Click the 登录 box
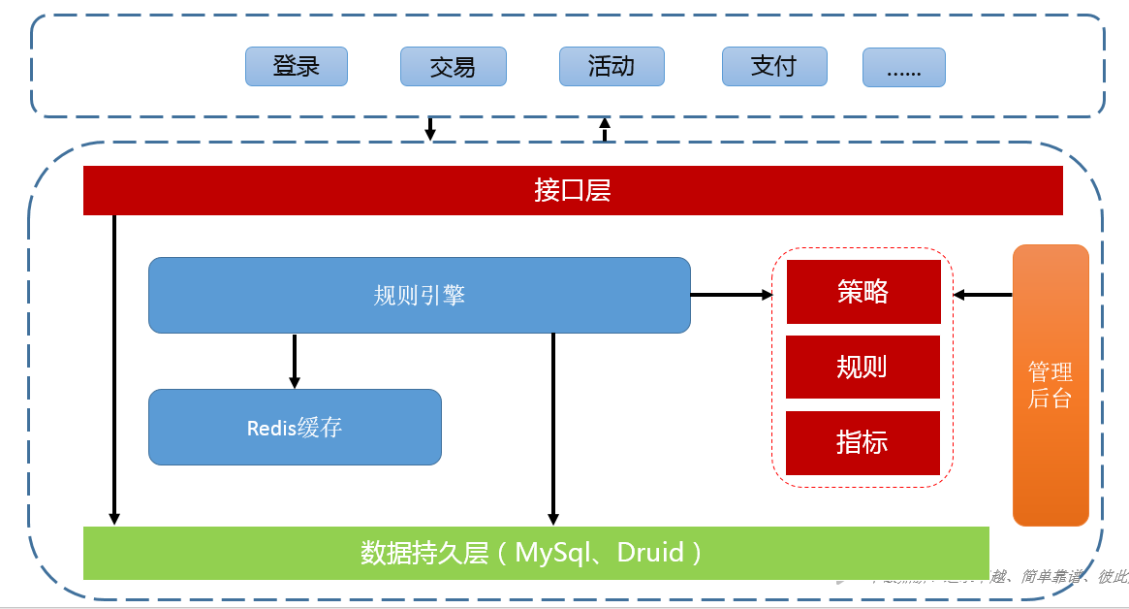tap(296, 66)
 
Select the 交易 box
tap(453, 66)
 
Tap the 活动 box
tap(612, 66)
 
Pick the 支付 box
tap(773, 66)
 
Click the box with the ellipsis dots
tap(903, 68)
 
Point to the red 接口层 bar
tap(573, 190)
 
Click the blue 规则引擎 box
tap(419, 295)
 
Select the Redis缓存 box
tap(295, 427)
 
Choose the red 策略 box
tap(862, 291)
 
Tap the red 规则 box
tap(862, 367)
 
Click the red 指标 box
tap(862, 442)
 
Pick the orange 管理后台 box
tap(1051, 385)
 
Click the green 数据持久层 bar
tap(535, 553)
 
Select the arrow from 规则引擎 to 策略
tap(731, 294)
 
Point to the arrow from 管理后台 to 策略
tap(983, 294)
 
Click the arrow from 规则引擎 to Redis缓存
tap(295, 361)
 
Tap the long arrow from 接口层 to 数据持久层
tap(114, 369)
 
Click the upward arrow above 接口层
tap(606, 129)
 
